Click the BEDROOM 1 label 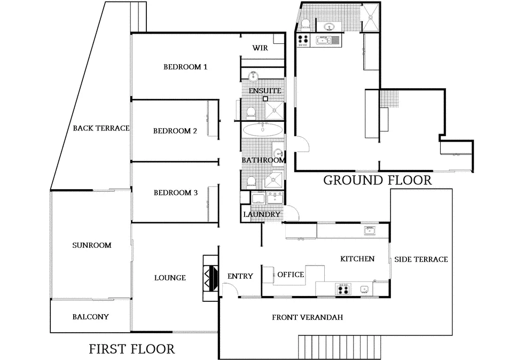pos(185,67)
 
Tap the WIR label pos(260,48)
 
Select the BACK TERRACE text pos(101,128)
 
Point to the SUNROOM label pos(91,245)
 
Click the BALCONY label pos(90,317)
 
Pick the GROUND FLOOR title pos(377,181)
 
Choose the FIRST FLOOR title pos(131,349)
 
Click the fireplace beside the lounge pos(210,274)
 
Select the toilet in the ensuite pos(250,112)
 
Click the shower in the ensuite pos(275,111)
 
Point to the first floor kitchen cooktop pos(343,289)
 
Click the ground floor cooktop pos(303,40)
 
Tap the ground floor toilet pos(306,24)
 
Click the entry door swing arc pos(230,289)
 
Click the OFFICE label pos(290,275)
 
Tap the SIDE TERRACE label pos(421,259)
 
